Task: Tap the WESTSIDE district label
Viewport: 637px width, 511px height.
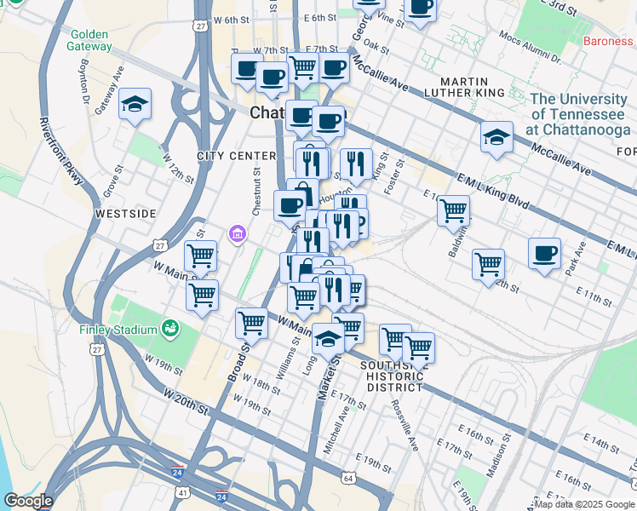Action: point(126,213)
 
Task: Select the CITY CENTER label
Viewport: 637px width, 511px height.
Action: point(236,156)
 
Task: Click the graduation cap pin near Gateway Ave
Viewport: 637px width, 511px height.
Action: point(135,105)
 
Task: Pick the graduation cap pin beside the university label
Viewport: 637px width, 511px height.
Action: point(496,137)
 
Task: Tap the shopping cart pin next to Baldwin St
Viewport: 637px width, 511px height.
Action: point(453,209)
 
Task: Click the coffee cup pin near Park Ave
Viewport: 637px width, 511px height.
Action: point(545,253)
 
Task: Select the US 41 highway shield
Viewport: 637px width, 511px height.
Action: point(183,492)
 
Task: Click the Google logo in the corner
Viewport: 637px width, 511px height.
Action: point(27,501)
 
